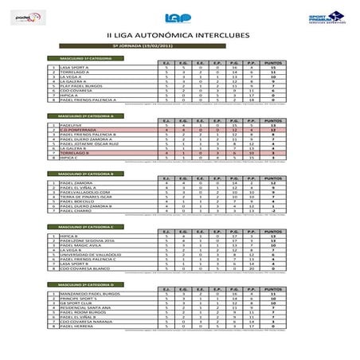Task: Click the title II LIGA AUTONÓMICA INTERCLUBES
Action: pos(179,37)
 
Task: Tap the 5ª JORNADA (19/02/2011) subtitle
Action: pos(179,48)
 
